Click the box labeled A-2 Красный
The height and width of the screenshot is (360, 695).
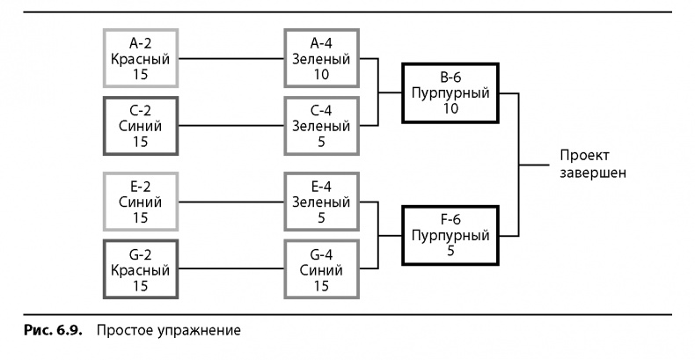pos(141,58)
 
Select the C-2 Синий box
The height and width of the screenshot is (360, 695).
pos(141,126)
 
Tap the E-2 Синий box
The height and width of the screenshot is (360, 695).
pos(141,202)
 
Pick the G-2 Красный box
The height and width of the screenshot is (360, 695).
pos(141,269)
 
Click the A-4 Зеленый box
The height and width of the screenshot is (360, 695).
pos(321,58)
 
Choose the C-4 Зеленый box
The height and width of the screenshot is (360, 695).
pos(321,126)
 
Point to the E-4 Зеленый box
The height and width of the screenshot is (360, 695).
pos(321,202)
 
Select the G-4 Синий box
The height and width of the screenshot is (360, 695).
pos(321,269)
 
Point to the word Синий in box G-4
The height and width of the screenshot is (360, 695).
pos(321,269)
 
